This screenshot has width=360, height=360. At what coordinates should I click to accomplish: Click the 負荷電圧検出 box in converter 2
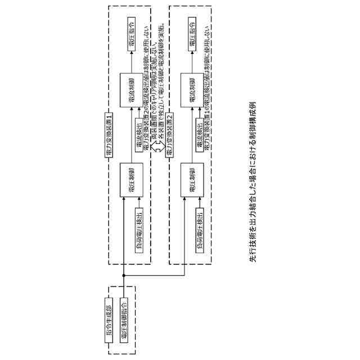coord(199,230)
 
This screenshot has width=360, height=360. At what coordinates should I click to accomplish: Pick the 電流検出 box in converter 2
coord(199,134)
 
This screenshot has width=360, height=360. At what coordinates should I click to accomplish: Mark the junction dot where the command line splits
coord(123,276)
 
